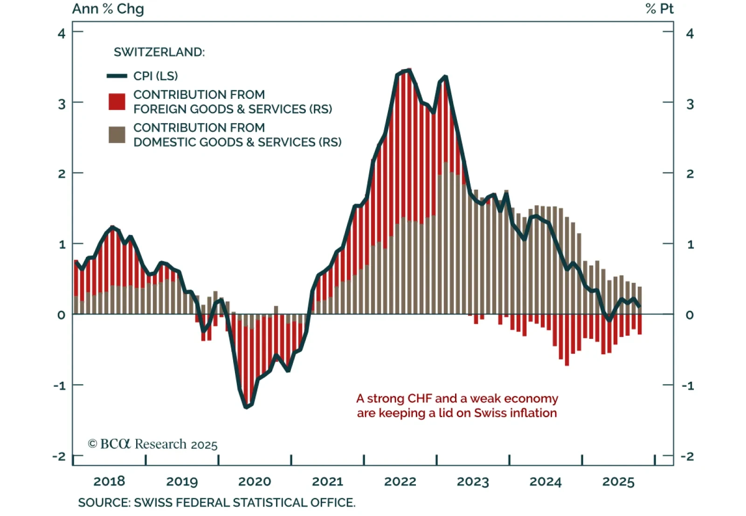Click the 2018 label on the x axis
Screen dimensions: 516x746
(x=109, y=482)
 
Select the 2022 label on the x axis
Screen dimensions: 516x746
(x=400, y=482)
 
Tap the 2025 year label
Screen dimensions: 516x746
(x=618, y=482)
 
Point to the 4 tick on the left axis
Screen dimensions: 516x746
(x=62, y=33)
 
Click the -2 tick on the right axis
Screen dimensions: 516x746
(x=687, y=456)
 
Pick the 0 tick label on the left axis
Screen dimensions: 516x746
(x=62, y=315)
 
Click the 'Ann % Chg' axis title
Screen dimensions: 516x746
(x=108, y=9)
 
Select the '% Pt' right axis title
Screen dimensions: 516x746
(x=659, y=9)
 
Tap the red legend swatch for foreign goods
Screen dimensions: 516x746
(x=117, y=102)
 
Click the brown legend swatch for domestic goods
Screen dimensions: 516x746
(x=117, y=135)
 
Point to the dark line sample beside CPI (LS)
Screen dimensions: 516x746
(x=117, y=76)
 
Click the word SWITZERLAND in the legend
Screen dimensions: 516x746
(x=159, y=52)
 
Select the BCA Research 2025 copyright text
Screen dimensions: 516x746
(x=152, y=444)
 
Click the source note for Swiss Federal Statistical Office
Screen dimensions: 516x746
(x=216, y=503)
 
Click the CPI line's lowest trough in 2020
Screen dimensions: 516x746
(x=246, y=407)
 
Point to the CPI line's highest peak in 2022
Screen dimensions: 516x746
(x=408, y=70)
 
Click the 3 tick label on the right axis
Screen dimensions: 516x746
(x=690, y=104)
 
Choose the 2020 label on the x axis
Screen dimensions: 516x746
(x=255, y=482)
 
